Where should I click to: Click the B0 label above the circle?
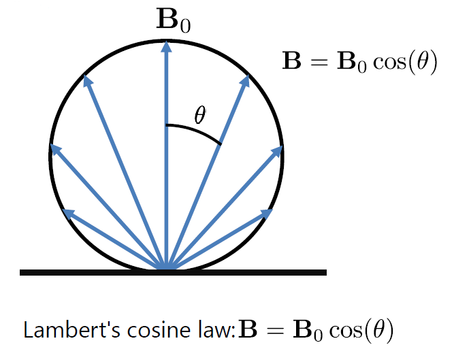click(174, 22)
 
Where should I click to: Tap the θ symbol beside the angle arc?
click(199, 116)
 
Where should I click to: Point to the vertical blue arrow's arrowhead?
click(165, 46)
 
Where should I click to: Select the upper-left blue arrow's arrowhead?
click(86, 81)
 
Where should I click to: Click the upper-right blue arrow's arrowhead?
click(245, 81)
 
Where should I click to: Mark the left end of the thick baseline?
click(22, 272)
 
